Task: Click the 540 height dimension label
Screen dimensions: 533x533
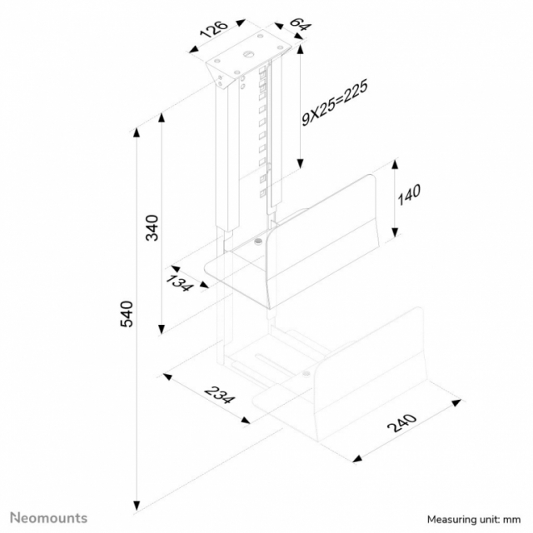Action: pyautogui.click(x=127, y=314)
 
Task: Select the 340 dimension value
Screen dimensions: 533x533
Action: pyautogui.click(x=152, y=227)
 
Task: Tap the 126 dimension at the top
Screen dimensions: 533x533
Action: pyautogui.click(x=214, y=29)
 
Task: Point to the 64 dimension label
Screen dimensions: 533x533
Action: pyautogui.click(x=300, y=24)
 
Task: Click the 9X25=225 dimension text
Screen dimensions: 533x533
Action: pyautogui.click(x=335, y=103)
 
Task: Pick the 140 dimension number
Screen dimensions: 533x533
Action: pyautogui.click(x=409, y=194)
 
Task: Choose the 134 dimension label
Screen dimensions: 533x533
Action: pyautogui.click(x=179, y=283)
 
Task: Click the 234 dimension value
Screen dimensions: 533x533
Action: pyautogui.click(x=220, y=395)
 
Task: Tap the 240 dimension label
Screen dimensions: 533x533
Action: pyautogui.click(x=402, y=423)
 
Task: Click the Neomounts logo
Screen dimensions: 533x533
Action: pyautogui.click(x=48, y=518)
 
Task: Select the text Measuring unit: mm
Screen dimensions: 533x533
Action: pyautogui.click(x=474, y=520)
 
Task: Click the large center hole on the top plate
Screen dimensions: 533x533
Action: pyautogui.click(x=248, y=53)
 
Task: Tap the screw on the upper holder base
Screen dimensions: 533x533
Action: pyautogui.click(x=258, y=242)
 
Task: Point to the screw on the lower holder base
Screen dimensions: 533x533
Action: pyautogui.click(x=306, y=374)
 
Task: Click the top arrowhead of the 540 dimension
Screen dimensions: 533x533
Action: pyautogui.click(x=137, y=132)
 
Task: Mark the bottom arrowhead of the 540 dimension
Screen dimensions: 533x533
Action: pyautogui.click(x=137, y=506)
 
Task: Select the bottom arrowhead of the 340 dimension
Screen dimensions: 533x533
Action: pyautogui.click(x=162, y=329)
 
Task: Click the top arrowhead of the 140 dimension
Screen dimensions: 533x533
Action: pyautogui.click(x=395, y=165)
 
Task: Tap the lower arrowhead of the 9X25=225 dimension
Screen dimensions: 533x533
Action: pyautogui.click(x=300, y=164)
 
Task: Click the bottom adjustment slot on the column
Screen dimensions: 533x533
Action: pyautogui.click(x=262, y=193)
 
